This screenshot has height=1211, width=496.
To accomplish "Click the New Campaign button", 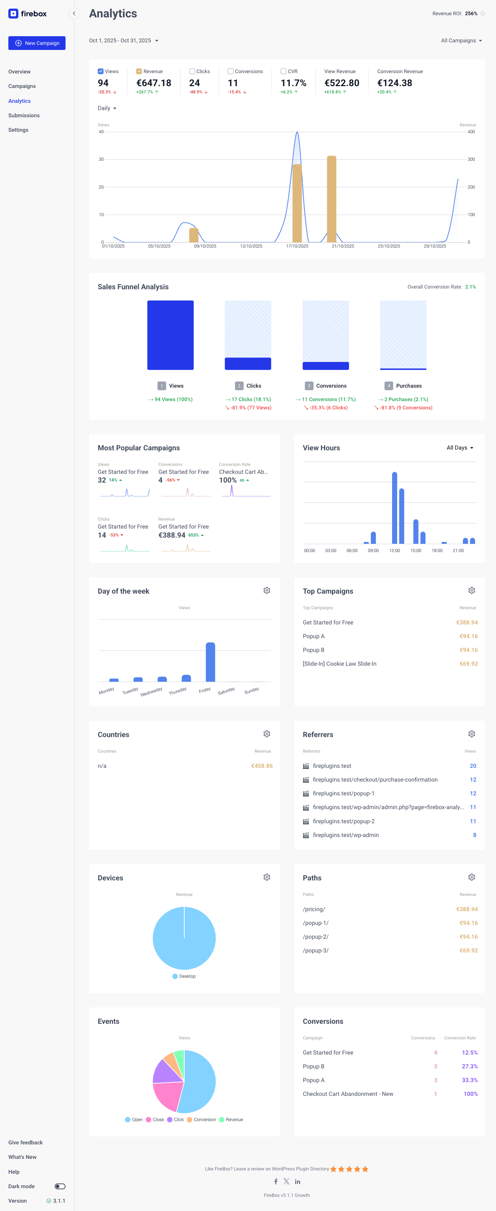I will [x=37, y=43].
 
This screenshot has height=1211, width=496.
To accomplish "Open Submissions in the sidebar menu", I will [x=24, y=115].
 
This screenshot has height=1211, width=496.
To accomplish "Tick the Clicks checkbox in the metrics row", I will [x=192, y=71].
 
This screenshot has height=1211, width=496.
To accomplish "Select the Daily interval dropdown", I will [x=107, y=108].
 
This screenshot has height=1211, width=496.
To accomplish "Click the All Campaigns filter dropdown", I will [x=461, y=41].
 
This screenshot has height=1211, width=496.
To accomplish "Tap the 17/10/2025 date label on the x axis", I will [x=297, y=246].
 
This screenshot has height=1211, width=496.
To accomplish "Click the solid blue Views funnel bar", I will [x=170, y=335].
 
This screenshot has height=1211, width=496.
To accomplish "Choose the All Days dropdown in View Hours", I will [x=459, y=448].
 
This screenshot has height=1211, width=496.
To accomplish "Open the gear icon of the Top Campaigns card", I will [x=471, y=590].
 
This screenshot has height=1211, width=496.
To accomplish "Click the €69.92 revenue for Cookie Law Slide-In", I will [x=468, y=664].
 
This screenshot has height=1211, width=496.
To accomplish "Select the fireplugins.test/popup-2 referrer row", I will [x=344, y=821].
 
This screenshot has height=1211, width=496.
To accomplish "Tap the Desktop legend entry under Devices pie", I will [x=184, y=976].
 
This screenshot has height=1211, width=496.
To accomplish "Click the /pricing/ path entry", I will [x=314, y=909].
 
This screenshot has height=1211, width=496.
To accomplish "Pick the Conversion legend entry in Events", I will [x=202, y=1120].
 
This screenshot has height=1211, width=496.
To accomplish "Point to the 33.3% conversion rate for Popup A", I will [x=469, y=1080].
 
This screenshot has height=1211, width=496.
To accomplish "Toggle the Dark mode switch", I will [x=60, y=1186].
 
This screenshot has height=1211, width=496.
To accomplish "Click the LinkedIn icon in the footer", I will [x=298, y=1181].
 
